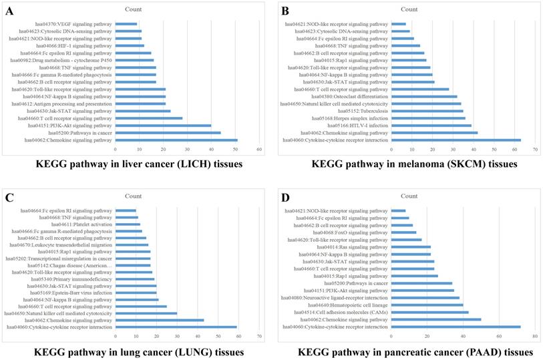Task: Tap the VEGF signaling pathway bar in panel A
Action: click(126, 24)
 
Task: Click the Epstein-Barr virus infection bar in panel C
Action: click(136, 293)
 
